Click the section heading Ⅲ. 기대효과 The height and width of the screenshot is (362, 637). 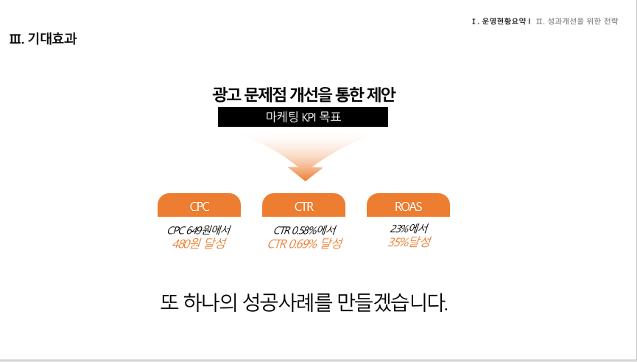click(43, 38)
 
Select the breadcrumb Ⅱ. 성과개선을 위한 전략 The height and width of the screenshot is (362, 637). click(577, 21)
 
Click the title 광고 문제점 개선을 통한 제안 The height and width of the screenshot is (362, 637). click(303, 94)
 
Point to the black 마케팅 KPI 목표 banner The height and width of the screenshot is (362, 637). click(303, 116)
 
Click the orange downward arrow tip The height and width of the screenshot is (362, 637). click(305, 180)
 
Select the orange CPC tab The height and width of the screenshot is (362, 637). click(199, 205)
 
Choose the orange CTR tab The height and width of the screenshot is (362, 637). click(304, 205)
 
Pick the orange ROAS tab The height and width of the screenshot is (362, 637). click(408, 205)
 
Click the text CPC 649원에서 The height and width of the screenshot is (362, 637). click(199, 230)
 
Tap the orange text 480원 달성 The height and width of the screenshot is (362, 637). click(199, 243)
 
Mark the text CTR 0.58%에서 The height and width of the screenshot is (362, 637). click(305, 230)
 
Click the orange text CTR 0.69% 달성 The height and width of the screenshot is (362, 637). click(305, 243)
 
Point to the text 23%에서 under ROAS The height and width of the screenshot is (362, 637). click(409, 229)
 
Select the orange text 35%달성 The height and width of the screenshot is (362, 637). click(409, 242)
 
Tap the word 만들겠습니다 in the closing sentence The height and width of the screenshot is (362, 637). click(393, 302)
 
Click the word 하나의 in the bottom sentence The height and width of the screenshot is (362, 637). click(210, 302)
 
